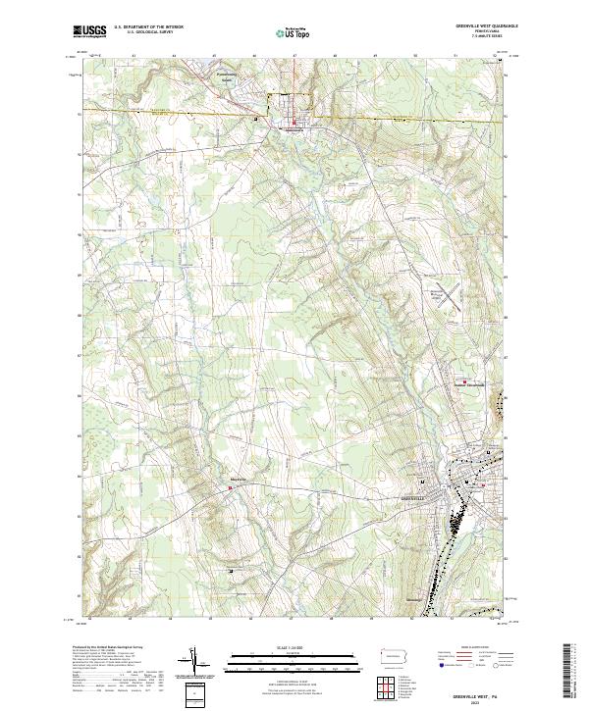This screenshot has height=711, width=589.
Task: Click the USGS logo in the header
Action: click(x=89, y=32)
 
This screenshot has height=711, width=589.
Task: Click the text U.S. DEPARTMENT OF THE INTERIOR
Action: click(x=148, y=27)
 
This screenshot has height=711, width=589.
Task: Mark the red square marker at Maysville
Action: click(x=232, y=484)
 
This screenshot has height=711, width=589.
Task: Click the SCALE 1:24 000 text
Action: click(x=292, y=647)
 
